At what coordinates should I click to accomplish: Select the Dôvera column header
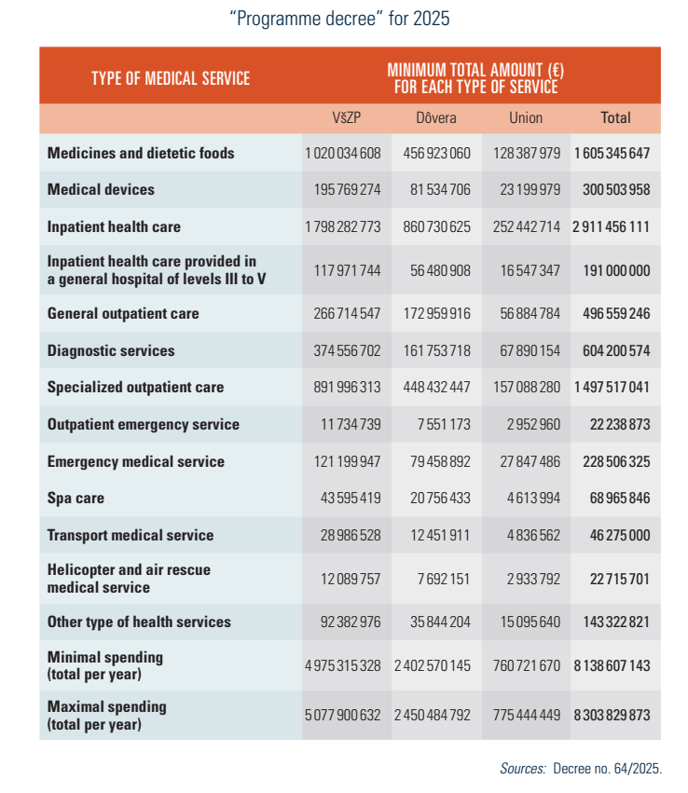435,118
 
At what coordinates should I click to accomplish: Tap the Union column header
526,118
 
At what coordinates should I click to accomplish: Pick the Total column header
615,118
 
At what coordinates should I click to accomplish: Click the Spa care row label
76,499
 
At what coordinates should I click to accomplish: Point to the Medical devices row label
101,190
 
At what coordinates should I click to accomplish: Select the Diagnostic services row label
110,351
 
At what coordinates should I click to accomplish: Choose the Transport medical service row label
131,536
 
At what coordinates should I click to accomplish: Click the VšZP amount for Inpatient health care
342,227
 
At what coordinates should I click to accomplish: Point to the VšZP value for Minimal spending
342,666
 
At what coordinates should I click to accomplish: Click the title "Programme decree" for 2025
345,19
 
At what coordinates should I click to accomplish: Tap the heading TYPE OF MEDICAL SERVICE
171,78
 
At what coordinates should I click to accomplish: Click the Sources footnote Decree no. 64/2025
580,769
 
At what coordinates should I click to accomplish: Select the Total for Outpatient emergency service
615,425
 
